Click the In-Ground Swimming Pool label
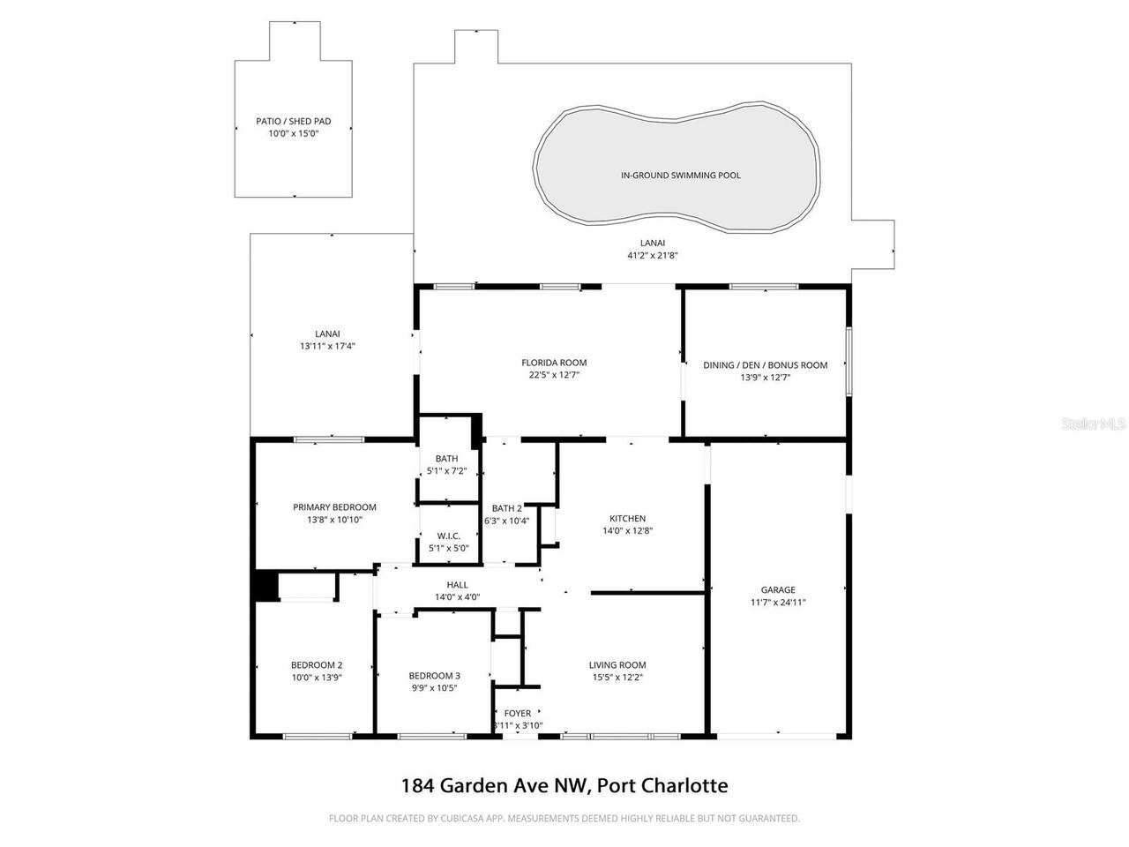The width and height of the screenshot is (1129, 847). pyautogui.click(x=680, y=176)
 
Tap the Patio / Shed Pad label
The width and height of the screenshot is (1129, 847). pyautogui.click(x=293, y=122)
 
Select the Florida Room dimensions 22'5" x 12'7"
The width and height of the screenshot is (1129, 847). pyautogui.click(x=553, y=375)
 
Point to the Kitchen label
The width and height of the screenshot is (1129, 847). pyautogui.click(x=627, y=519)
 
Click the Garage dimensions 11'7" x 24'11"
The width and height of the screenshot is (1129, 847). pyautogui.click(x=778, y=603)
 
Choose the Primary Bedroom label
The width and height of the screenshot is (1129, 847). pyautogui.click(x=334, y=507)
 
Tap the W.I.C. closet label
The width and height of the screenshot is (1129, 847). pyautogui.click(x=448, y=536)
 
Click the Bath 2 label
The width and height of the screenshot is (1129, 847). pyautogui.click(x=506, y=508)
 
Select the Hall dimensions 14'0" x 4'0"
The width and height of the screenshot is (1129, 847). pyautogui.click(x=457, y=597)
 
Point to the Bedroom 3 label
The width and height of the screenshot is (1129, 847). pyautogui.click(x=434, y=676)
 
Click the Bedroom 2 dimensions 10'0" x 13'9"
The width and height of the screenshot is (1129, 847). pyautogui.click(x=317, y=678)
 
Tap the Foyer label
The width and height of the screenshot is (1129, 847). pyautogui.click(x=518, y=713)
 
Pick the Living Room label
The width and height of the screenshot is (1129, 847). pyautogui.click(x=617, y=665)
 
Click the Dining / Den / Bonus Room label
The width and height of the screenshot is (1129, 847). pyautogui.click(x=766, y=365)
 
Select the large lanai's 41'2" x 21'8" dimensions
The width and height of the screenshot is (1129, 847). pyautogui.click(x=652, y=255)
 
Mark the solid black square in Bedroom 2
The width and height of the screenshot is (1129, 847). pyautogui.click(x=266, y=585)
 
